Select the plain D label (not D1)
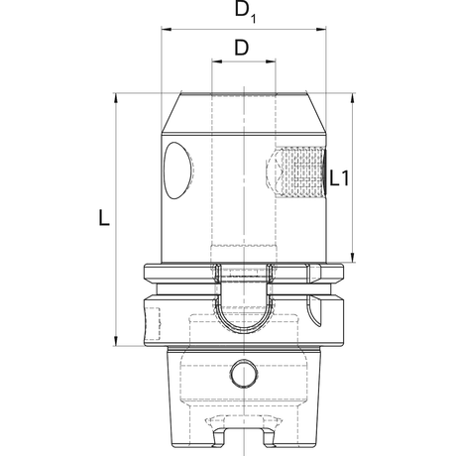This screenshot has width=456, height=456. point(241,48)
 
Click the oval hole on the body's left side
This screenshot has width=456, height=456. point(179,170)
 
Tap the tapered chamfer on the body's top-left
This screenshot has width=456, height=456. point(171,109)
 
